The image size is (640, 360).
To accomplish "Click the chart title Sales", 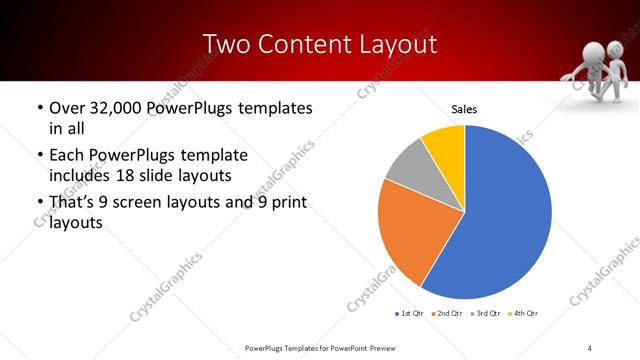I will click(x=464, y=108).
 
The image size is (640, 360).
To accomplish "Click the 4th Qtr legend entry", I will click(x=524, y=314).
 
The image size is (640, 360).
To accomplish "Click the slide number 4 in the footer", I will click(x=590, y=348).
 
